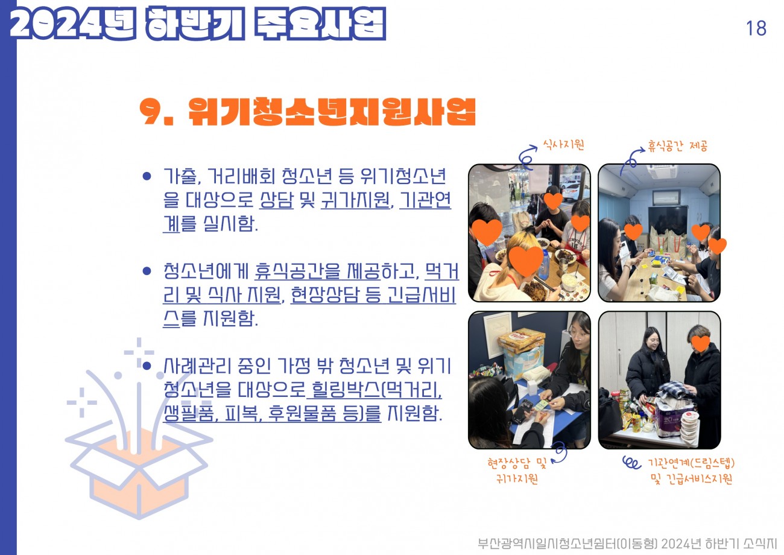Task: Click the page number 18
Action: pyautogui.click(x=756, y=28)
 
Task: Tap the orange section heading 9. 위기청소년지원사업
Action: pyautogui.click(x=308, y=112)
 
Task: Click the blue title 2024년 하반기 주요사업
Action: pyautogui.click(x=198, y=23)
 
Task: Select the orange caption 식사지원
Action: pyautogui.click(x=563, y=144)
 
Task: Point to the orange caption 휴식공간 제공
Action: pyautogui.click(x=678, y=145)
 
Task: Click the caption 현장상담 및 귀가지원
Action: pyautogui.click(x=517, y=471)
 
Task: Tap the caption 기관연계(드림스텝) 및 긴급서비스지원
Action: pyautogui.click(x=691, y=471)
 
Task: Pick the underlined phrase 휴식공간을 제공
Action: pyautogui.click(x=317, y=271)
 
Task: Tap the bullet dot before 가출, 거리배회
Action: pyautogui.click(x=147, y=176)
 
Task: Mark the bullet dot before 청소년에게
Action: pyautogui.click(x=147, y=271)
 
